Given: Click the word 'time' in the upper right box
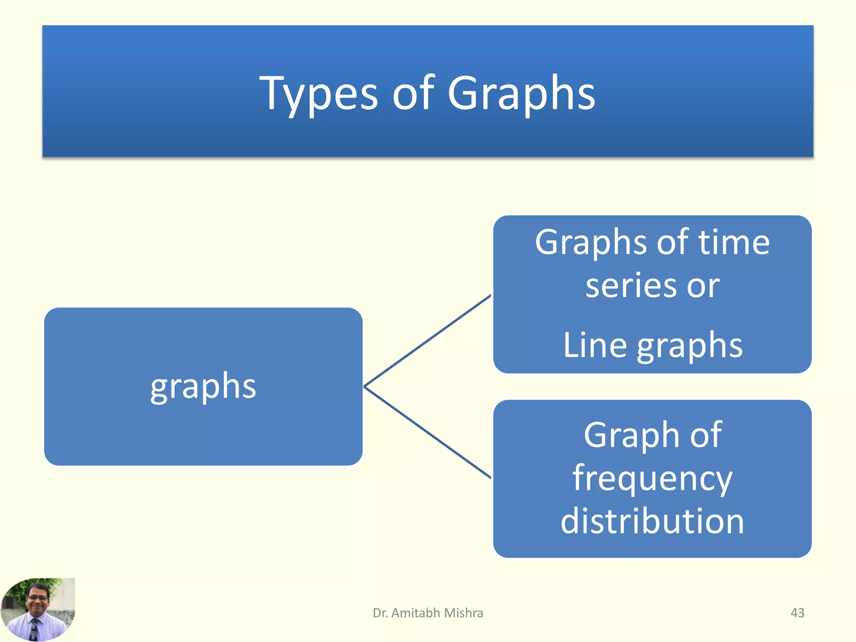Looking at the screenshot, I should (x=734, y=242).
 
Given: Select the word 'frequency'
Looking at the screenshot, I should (x=652, y=479).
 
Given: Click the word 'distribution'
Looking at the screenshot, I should (x=652, y=521).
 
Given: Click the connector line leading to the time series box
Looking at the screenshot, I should (x=427, y=341).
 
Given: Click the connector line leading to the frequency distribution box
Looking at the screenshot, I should (x=427, y=432).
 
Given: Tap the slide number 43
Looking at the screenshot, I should (x=797, y=613).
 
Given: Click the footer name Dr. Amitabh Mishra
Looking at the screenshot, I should (x=428, y=613).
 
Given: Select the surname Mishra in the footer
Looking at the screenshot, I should (x=464, y=613).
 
